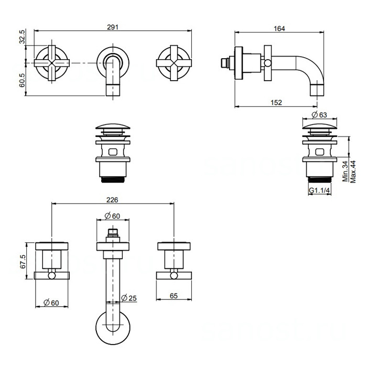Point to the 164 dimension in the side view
point(279,29)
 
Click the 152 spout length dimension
point(278,103)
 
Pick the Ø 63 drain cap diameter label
point(319,115)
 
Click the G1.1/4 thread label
point(319,191)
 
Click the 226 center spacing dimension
point(112,200)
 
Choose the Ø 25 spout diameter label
point(128,298)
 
